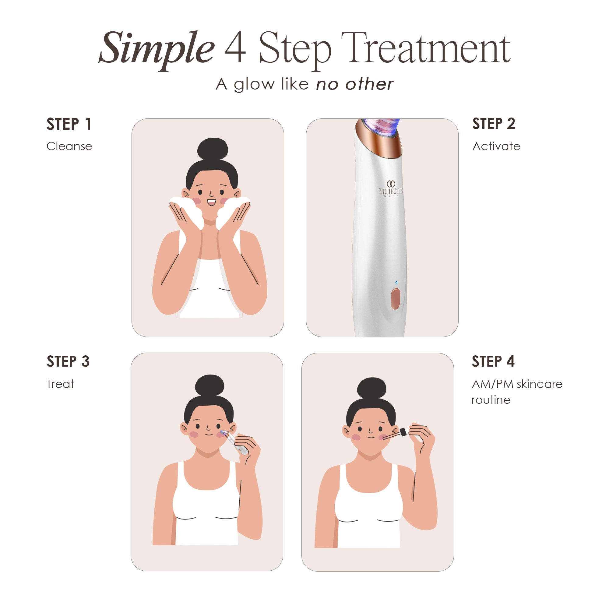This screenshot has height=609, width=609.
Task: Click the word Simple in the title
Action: point(157,49)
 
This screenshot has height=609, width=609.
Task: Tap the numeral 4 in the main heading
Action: point(235,47)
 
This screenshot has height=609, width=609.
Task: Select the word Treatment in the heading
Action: point(426,48)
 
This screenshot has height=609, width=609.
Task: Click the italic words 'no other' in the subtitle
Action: point(355,84)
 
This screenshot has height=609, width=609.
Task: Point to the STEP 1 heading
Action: point(69,124)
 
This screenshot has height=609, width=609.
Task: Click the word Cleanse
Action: point(69,146)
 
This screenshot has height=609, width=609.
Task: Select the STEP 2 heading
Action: point(494,124)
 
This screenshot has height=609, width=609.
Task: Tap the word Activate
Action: point(496,146)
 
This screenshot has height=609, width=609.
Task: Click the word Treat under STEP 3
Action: point(60,384)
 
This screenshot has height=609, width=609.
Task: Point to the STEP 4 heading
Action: point(493,361)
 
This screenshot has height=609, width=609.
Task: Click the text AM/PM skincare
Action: point(517,384)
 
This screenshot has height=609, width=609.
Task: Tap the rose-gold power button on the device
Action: point(395,298)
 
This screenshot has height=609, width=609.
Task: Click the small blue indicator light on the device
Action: point(396,283)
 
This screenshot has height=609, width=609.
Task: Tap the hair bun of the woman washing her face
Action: point(213,149)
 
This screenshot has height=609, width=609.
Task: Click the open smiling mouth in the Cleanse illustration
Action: point(212,202)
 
